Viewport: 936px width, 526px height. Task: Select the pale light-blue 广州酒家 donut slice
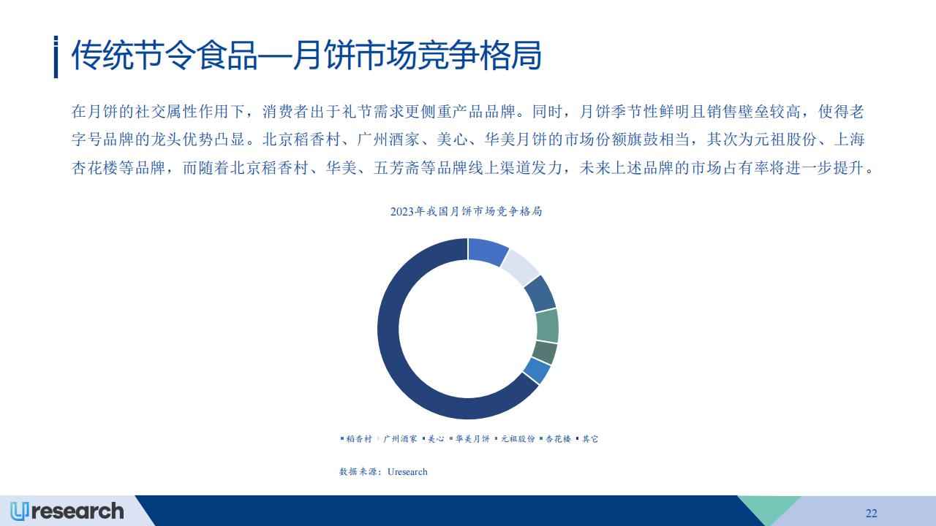pyautogui.click(x=521, y=267)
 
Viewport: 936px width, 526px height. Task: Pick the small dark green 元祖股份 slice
pyautogui.click(x=545, y=353)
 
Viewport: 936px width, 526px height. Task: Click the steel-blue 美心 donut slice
pyautogui.click(x=540, y=294)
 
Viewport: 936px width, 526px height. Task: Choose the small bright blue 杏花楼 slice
pyautogui.click(x=537, y=370)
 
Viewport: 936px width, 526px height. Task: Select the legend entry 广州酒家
pyautogui.click(x=397, y=439)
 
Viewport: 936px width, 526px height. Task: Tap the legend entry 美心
pyautogui.click(x=434, y=439)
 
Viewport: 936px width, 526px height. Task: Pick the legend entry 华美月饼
pyautogui.click(x=469, y=439)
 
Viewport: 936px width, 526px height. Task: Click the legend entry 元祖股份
pyautogui.click(x=515, y=439)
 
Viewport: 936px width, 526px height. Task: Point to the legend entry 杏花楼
pyautogui.click(x=555, y=439)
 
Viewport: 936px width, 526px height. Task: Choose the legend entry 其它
pyautogui.click(x=587, y=439)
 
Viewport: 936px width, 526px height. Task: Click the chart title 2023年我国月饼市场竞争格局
pyautogui.click(x=466, y=212)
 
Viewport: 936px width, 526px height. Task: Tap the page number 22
pyautogui.click(x=871, y=514)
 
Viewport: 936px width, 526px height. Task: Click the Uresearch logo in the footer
pyautogui.click(x=67, y=511)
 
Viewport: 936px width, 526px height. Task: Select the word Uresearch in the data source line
pyautogui.click(x=407, y=472)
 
